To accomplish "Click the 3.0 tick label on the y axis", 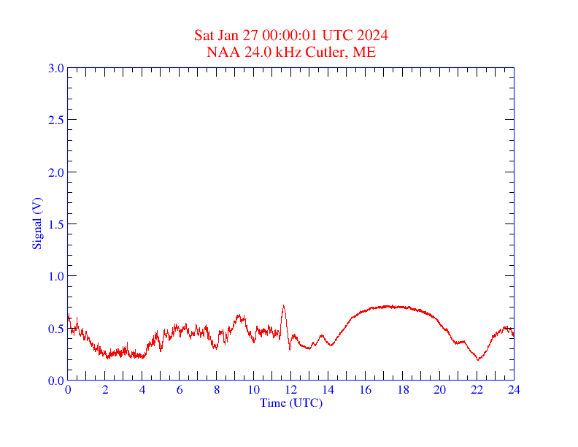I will (56, 68).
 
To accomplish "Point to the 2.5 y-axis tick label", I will (56, 120).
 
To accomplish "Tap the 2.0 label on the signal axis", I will (56, 172).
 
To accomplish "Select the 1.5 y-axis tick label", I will (56, 224).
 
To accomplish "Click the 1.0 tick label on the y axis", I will (56, 276).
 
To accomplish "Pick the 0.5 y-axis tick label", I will (56, 329).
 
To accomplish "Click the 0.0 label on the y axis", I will (56, 381).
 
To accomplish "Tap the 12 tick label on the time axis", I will (291, 389).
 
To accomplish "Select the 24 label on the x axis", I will (514, 389).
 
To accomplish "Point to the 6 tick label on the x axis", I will (180, 389).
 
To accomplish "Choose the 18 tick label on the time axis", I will (402, 389).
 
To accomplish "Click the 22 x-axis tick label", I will (477, 389).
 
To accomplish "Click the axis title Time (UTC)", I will (290, 402).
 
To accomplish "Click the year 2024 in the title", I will (372, 35).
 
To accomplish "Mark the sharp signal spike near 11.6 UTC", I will (283, 306).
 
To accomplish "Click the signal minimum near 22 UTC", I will (478, 359).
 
